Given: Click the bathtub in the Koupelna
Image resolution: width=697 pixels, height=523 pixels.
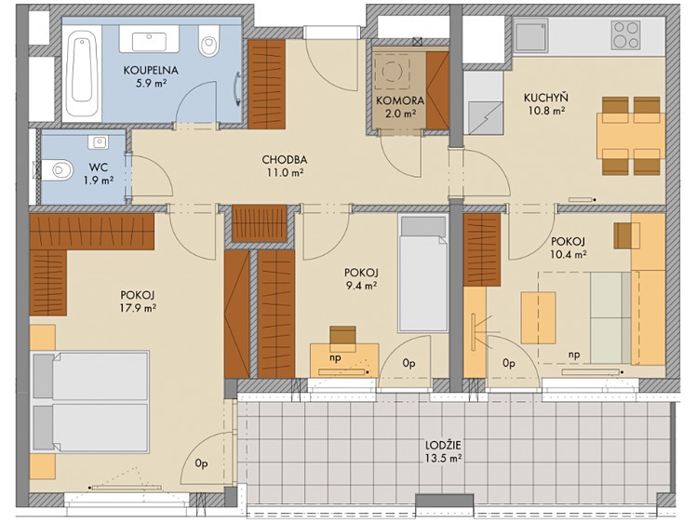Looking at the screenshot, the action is [x=82, y=73].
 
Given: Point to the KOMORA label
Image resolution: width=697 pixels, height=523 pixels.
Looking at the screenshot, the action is [x=399, y=101].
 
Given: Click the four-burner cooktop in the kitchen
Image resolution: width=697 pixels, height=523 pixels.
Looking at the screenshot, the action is [x=625, y=34].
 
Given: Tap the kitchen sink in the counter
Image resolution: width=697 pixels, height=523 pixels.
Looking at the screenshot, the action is [x=531, y=35].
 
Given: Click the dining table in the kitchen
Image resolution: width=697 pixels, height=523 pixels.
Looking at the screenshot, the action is [x=631, y=136].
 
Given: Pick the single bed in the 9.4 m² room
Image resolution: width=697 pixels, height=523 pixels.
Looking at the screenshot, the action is [x=423, y=274].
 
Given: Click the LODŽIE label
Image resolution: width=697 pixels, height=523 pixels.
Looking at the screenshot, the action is [x=443, y=445].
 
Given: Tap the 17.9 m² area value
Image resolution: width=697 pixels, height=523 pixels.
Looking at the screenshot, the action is [x=138, y=307].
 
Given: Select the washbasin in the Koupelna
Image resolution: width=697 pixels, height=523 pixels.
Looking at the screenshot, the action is [x=149, y=40].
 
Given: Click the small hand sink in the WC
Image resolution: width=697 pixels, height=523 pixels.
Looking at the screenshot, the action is [x=98, y=142].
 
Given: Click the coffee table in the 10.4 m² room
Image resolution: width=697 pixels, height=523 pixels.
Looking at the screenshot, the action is [x=538, y=317].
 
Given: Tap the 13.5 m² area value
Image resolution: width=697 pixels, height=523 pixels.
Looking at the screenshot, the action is [x=442, y=458].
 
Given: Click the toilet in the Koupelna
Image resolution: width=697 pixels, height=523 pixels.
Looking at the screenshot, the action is [x=208, y=40].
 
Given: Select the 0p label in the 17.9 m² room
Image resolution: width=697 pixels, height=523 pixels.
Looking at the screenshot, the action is [x=201, y=463].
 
